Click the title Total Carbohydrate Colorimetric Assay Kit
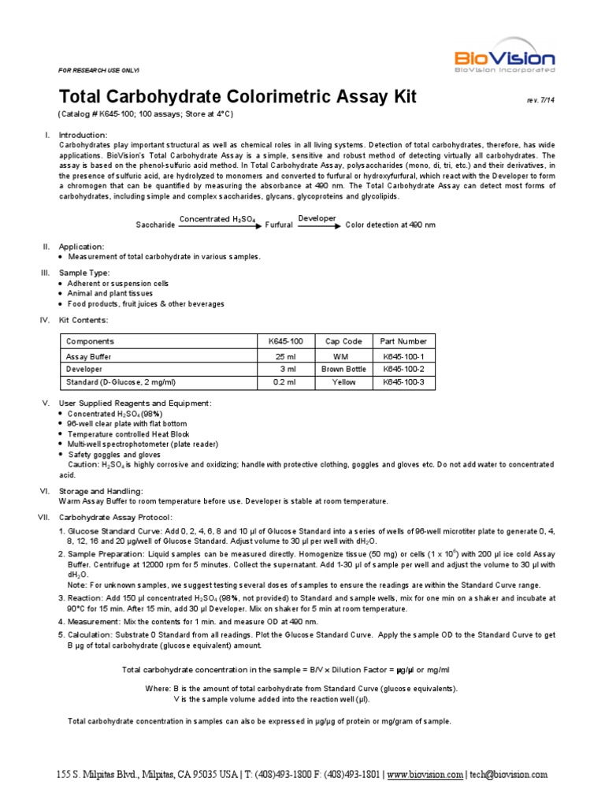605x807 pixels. (238, 97)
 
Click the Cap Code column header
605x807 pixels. (343, 341)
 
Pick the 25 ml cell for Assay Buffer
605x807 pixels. (286, 356)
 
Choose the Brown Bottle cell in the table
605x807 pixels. (343, 369)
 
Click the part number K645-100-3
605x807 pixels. (403, 382)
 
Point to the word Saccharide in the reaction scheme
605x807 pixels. (155, 225)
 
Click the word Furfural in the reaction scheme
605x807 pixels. (278, 225)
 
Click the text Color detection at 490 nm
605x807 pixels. (390, 225)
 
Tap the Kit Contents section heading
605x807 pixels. (84, 320)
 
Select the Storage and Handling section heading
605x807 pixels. (101, 491)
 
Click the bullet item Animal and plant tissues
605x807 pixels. (112, 293)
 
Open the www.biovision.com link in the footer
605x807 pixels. (425, 775)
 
